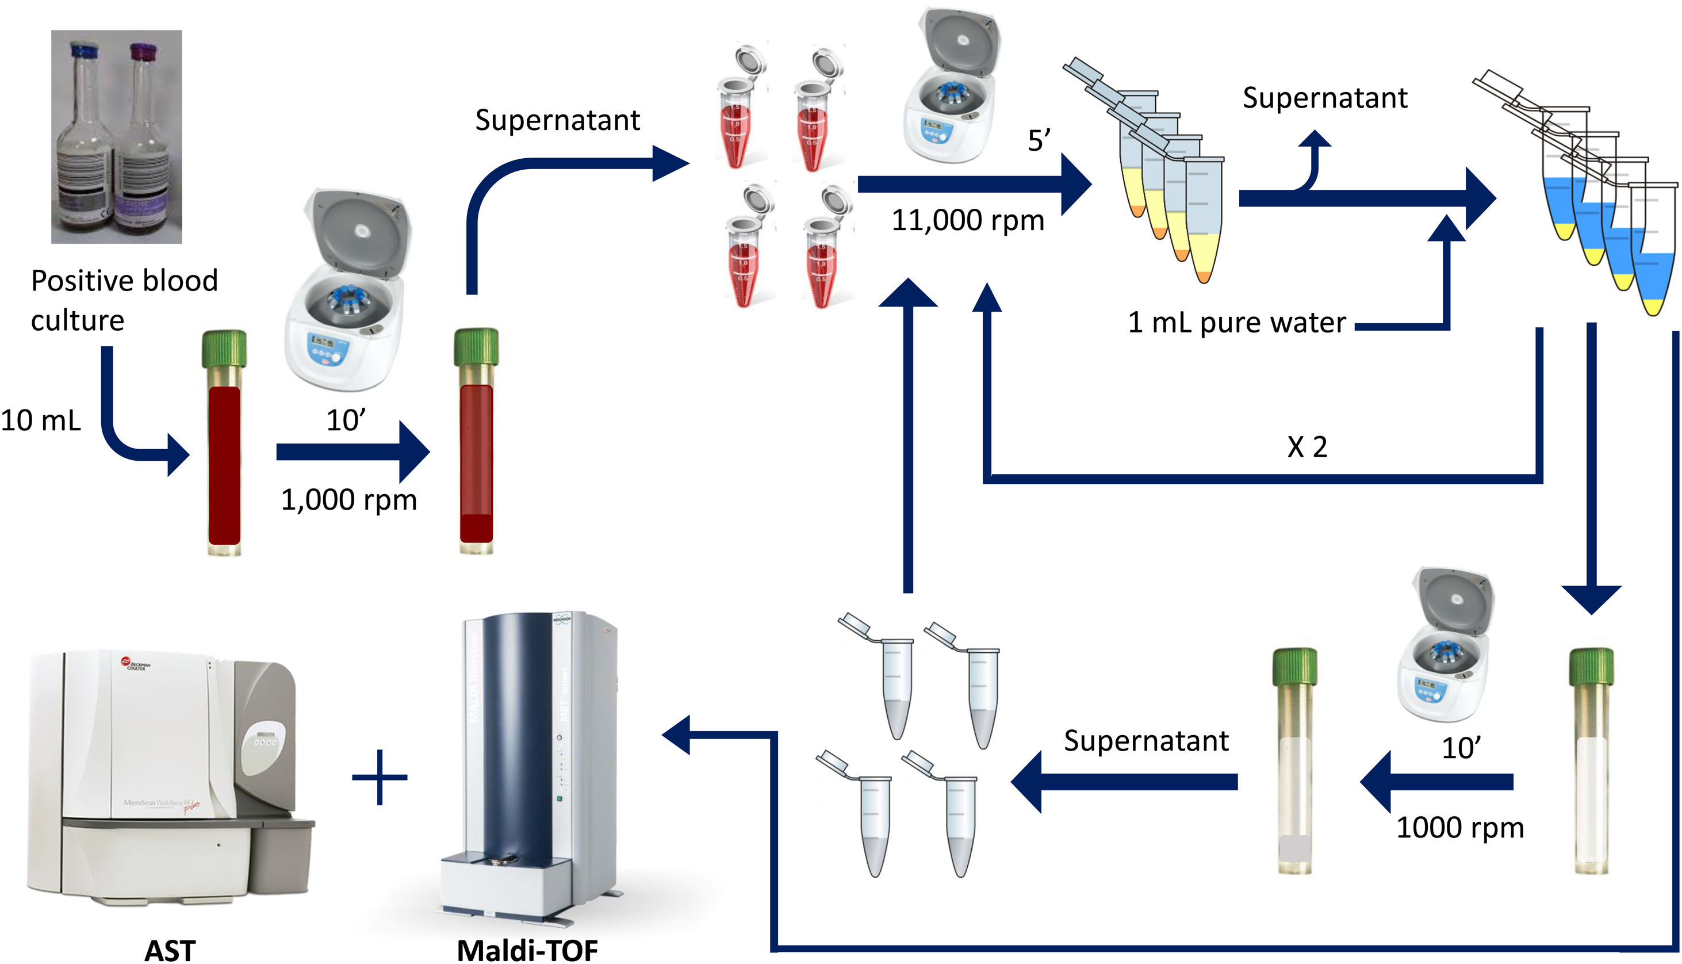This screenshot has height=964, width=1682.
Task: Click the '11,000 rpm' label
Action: click(967, 220)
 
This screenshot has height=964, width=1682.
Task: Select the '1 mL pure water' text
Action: click(1236, 323)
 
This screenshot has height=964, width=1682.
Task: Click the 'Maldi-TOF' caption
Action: click(527, 950)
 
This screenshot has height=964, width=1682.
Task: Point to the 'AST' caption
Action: click(170, 950)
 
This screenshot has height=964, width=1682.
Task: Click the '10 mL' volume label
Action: click(40, 421)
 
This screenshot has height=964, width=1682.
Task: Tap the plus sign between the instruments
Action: click(380, 776)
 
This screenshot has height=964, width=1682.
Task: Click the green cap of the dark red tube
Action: click(224, 347)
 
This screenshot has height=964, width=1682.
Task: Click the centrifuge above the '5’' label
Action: click(951, 86)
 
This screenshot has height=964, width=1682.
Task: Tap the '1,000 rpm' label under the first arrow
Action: click(349, 500)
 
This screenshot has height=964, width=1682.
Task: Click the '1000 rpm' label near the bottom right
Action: click(1459, 828)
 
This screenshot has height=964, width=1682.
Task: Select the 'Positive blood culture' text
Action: click(124, 300)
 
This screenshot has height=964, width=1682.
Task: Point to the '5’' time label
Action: click(1039, 141)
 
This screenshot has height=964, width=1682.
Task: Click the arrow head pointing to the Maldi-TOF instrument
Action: click(676, 735)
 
